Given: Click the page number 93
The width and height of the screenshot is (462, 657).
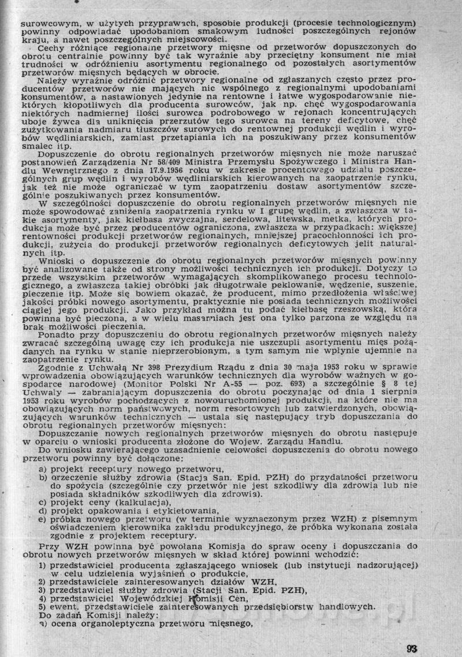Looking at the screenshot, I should [411, 632].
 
